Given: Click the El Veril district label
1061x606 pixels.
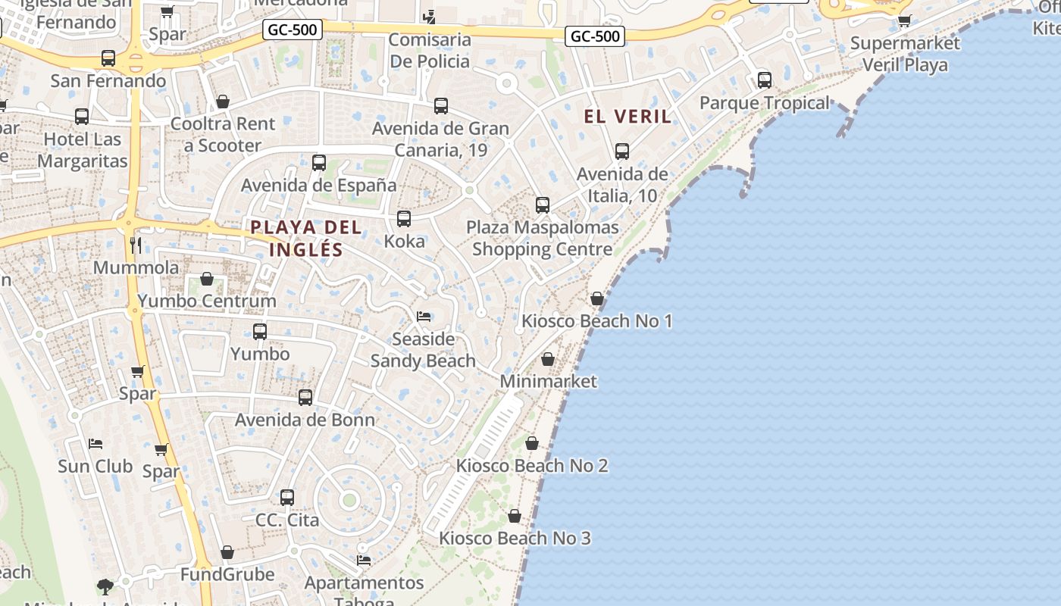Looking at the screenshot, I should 628,117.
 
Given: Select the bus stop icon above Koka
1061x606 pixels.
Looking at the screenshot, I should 404,219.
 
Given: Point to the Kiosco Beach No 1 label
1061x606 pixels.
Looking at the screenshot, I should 596,321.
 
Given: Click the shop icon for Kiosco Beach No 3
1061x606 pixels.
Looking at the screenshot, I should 515,517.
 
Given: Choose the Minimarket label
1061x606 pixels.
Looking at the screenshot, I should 549,381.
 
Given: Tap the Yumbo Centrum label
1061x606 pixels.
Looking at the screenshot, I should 207,301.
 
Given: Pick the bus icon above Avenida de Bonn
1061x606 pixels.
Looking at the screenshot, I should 305,397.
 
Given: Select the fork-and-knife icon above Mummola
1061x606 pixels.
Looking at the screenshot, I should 136,244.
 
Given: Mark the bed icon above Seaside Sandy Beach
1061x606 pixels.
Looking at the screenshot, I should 424,316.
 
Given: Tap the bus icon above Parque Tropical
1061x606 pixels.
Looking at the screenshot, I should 765,80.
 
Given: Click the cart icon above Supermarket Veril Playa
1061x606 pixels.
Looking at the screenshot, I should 904,20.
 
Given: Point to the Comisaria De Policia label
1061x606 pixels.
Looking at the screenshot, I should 430,50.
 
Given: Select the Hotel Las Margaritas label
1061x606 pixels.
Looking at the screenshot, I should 83,150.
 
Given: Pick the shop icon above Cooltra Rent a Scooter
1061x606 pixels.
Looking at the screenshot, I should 223,102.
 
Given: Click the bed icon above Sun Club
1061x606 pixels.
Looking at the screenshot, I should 95,443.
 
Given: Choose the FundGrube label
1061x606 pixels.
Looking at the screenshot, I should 227,574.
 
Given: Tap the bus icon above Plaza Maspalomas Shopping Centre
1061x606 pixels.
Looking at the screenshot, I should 543,205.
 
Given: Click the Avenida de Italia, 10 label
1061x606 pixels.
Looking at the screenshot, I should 622,185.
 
